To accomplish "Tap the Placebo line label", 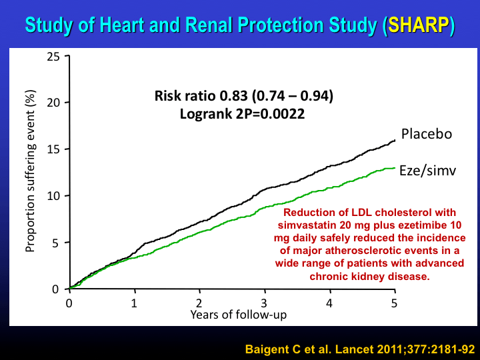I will coord(427,134).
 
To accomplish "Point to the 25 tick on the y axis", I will coord(53,57).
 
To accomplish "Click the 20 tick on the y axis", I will coord(53,103).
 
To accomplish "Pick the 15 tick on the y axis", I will coord(53,149).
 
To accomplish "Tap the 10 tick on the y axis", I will coord(53,196).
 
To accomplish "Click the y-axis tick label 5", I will coord(56,243).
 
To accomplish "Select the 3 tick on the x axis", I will coord(265,302).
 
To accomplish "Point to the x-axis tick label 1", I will coord(134,302).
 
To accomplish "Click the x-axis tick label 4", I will coord(330,302).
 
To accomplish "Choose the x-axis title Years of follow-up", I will coord(231,313).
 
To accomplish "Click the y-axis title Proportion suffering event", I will coord(30,171).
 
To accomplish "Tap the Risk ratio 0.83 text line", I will coord(244,97).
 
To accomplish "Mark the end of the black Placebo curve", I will coord(395,140).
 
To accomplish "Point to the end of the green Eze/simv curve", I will coord(395,168).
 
